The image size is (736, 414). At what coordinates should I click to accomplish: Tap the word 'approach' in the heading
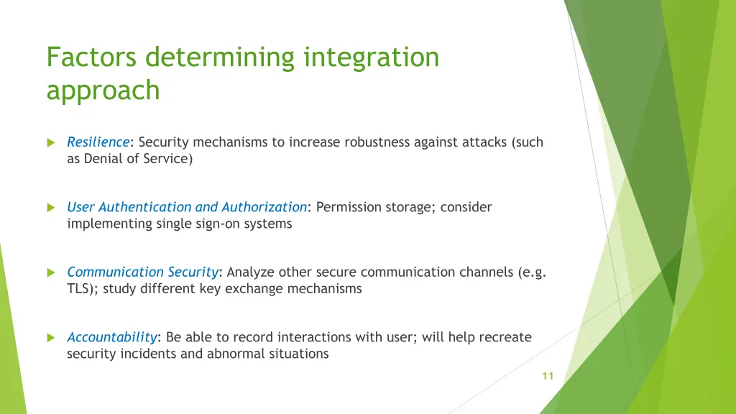click(x=103, y=91)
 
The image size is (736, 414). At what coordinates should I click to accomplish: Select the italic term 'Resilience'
click(x=98, y=142)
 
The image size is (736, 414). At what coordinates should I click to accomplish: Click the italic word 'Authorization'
click(x=264, y=207)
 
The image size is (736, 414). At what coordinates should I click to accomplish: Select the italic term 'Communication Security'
click(x=142, y=272)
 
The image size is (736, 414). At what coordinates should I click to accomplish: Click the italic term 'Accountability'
click(x=111, y=337)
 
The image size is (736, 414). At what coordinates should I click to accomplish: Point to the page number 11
click(x=548, y=376)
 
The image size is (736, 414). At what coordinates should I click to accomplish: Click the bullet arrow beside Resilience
click(x=51, y=142)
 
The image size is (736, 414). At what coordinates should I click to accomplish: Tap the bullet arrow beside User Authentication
click(x=51, y=207)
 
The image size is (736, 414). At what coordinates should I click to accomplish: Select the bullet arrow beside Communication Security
click(x=51, y=272)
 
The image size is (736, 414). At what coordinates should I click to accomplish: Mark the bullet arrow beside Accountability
click(x=51, y=337)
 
